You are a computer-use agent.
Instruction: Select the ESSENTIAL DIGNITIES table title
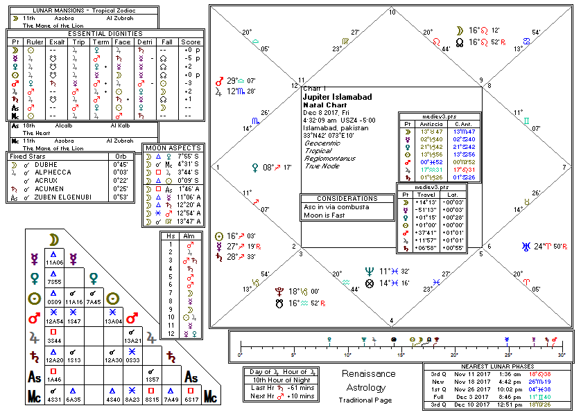click(105, 33)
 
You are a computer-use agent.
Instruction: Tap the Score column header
click(192, 42)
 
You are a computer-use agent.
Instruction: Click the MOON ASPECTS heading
click(173, 148)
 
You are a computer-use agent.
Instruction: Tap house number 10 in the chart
click(392, 12)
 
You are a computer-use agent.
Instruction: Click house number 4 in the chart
click(392, 320)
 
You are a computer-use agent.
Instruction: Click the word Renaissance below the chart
click(370, 373)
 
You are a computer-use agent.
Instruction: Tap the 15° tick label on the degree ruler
click(401, 355)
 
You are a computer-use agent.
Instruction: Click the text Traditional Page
click(365, 400)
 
